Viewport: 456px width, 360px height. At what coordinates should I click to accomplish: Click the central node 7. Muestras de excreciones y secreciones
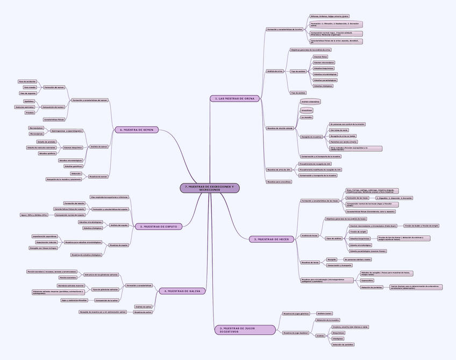coord(209,188)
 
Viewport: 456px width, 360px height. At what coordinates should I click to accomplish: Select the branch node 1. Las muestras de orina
coord(235,98)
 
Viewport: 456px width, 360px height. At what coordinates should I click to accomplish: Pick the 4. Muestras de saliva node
coord(182,291)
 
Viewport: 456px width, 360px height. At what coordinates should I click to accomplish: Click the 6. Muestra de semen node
coord(137,130)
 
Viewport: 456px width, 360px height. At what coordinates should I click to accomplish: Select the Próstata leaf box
coord(30,112)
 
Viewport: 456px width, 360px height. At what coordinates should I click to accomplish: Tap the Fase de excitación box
coord(27,81)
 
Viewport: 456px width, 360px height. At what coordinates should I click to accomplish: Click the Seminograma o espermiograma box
coord(67,131)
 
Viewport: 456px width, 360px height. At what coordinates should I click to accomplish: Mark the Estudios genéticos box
coord(74,166)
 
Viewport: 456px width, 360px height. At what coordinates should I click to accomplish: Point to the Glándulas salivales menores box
coord(70,285)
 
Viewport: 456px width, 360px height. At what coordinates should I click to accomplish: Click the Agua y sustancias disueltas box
coord(74,300)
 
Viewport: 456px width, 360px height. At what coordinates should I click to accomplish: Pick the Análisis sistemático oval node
coord(310,101)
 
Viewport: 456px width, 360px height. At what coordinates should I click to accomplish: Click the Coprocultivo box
coord(368,280)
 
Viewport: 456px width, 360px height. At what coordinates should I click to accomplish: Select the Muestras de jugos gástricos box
coord(296,313)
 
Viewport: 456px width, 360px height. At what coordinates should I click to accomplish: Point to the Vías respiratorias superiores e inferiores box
coord(110,197)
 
